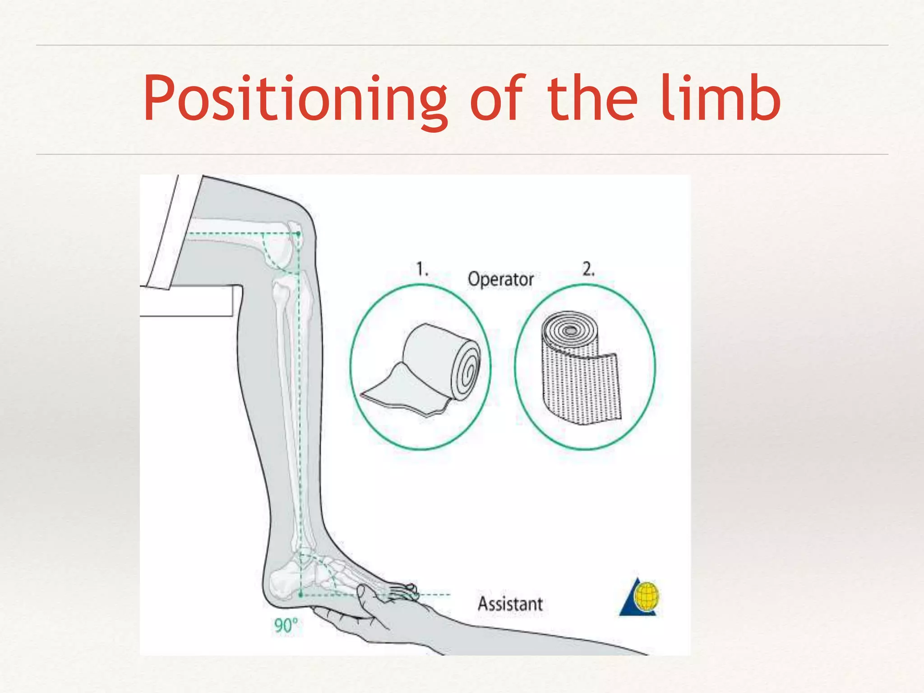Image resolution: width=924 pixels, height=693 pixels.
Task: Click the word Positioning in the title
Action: tap(296, 99)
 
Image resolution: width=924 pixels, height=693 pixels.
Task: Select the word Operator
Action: tap(501, 279)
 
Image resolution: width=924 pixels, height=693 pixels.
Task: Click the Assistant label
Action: tap(510, 604)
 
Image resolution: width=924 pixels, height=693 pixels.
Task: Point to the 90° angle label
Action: tap(286, 625)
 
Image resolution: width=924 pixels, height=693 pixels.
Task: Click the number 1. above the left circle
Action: tap(422, 269)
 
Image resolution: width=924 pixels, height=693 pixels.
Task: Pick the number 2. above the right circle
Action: tap(588, 269)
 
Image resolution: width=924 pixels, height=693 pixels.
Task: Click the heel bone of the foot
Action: tap(282, 584)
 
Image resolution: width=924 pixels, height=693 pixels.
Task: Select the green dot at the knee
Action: tap(298, 234)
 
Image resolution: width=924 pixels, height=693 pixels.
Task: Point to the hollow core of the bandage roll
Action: tap(570, 331)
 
